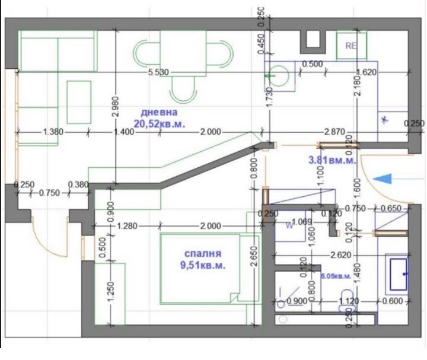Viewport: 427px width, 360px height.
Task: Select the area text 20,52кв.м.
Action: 160,123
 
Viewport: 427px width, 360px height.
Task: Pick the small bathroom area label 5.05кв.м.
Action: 336,276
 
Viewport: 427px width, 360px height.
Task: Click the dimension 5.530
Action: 159,72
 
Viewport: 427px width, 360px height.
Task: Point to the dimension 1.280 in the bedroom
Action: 128,226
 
